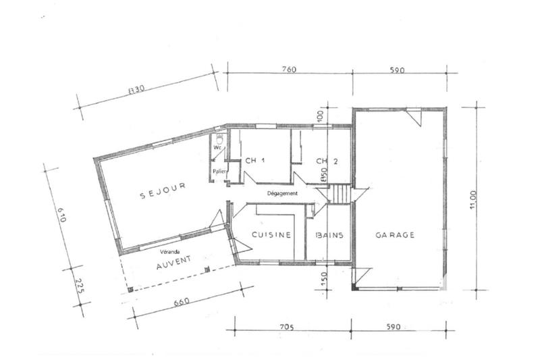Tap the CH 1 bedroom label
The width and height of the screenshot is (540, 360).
[254, 161]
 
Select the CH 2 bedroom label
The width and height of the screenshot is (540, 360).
[327, 161]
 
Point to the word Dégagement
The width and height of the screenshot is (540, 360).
[282, 193]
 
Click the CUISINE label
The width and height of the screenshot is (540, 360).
[271, 235]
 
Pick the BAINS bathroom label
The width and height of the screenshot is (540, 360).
[329, 235]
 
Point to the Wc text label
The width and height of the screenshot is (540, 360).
[218, 147]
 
